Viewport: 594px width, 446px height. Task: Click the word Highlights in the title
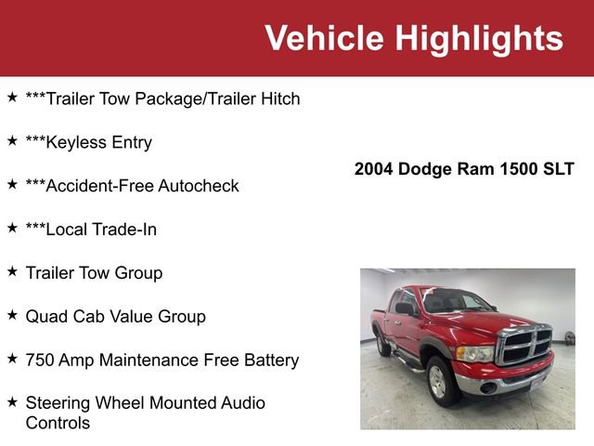(479, 38)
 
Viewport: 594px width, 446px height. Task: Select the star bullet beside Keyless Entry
(12, 141)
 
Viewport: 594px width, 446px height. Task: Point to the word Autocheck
(198, 186)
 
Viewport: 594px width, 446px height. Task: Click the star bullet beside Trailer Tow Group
(12, 271)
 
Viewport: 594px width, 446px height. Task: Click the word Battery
(269, 360)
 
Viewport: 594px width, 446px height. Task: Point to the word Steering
(58, 402)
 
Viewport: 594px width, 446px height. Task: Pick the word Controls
(58, 423)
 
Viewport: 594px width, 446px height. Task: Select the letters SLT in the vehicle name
(558, 169)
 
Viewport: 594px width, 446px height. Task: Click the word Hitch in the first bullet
(278, 98)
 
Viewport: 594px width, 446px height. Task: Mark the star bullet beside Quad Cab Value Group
(12, 315)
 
